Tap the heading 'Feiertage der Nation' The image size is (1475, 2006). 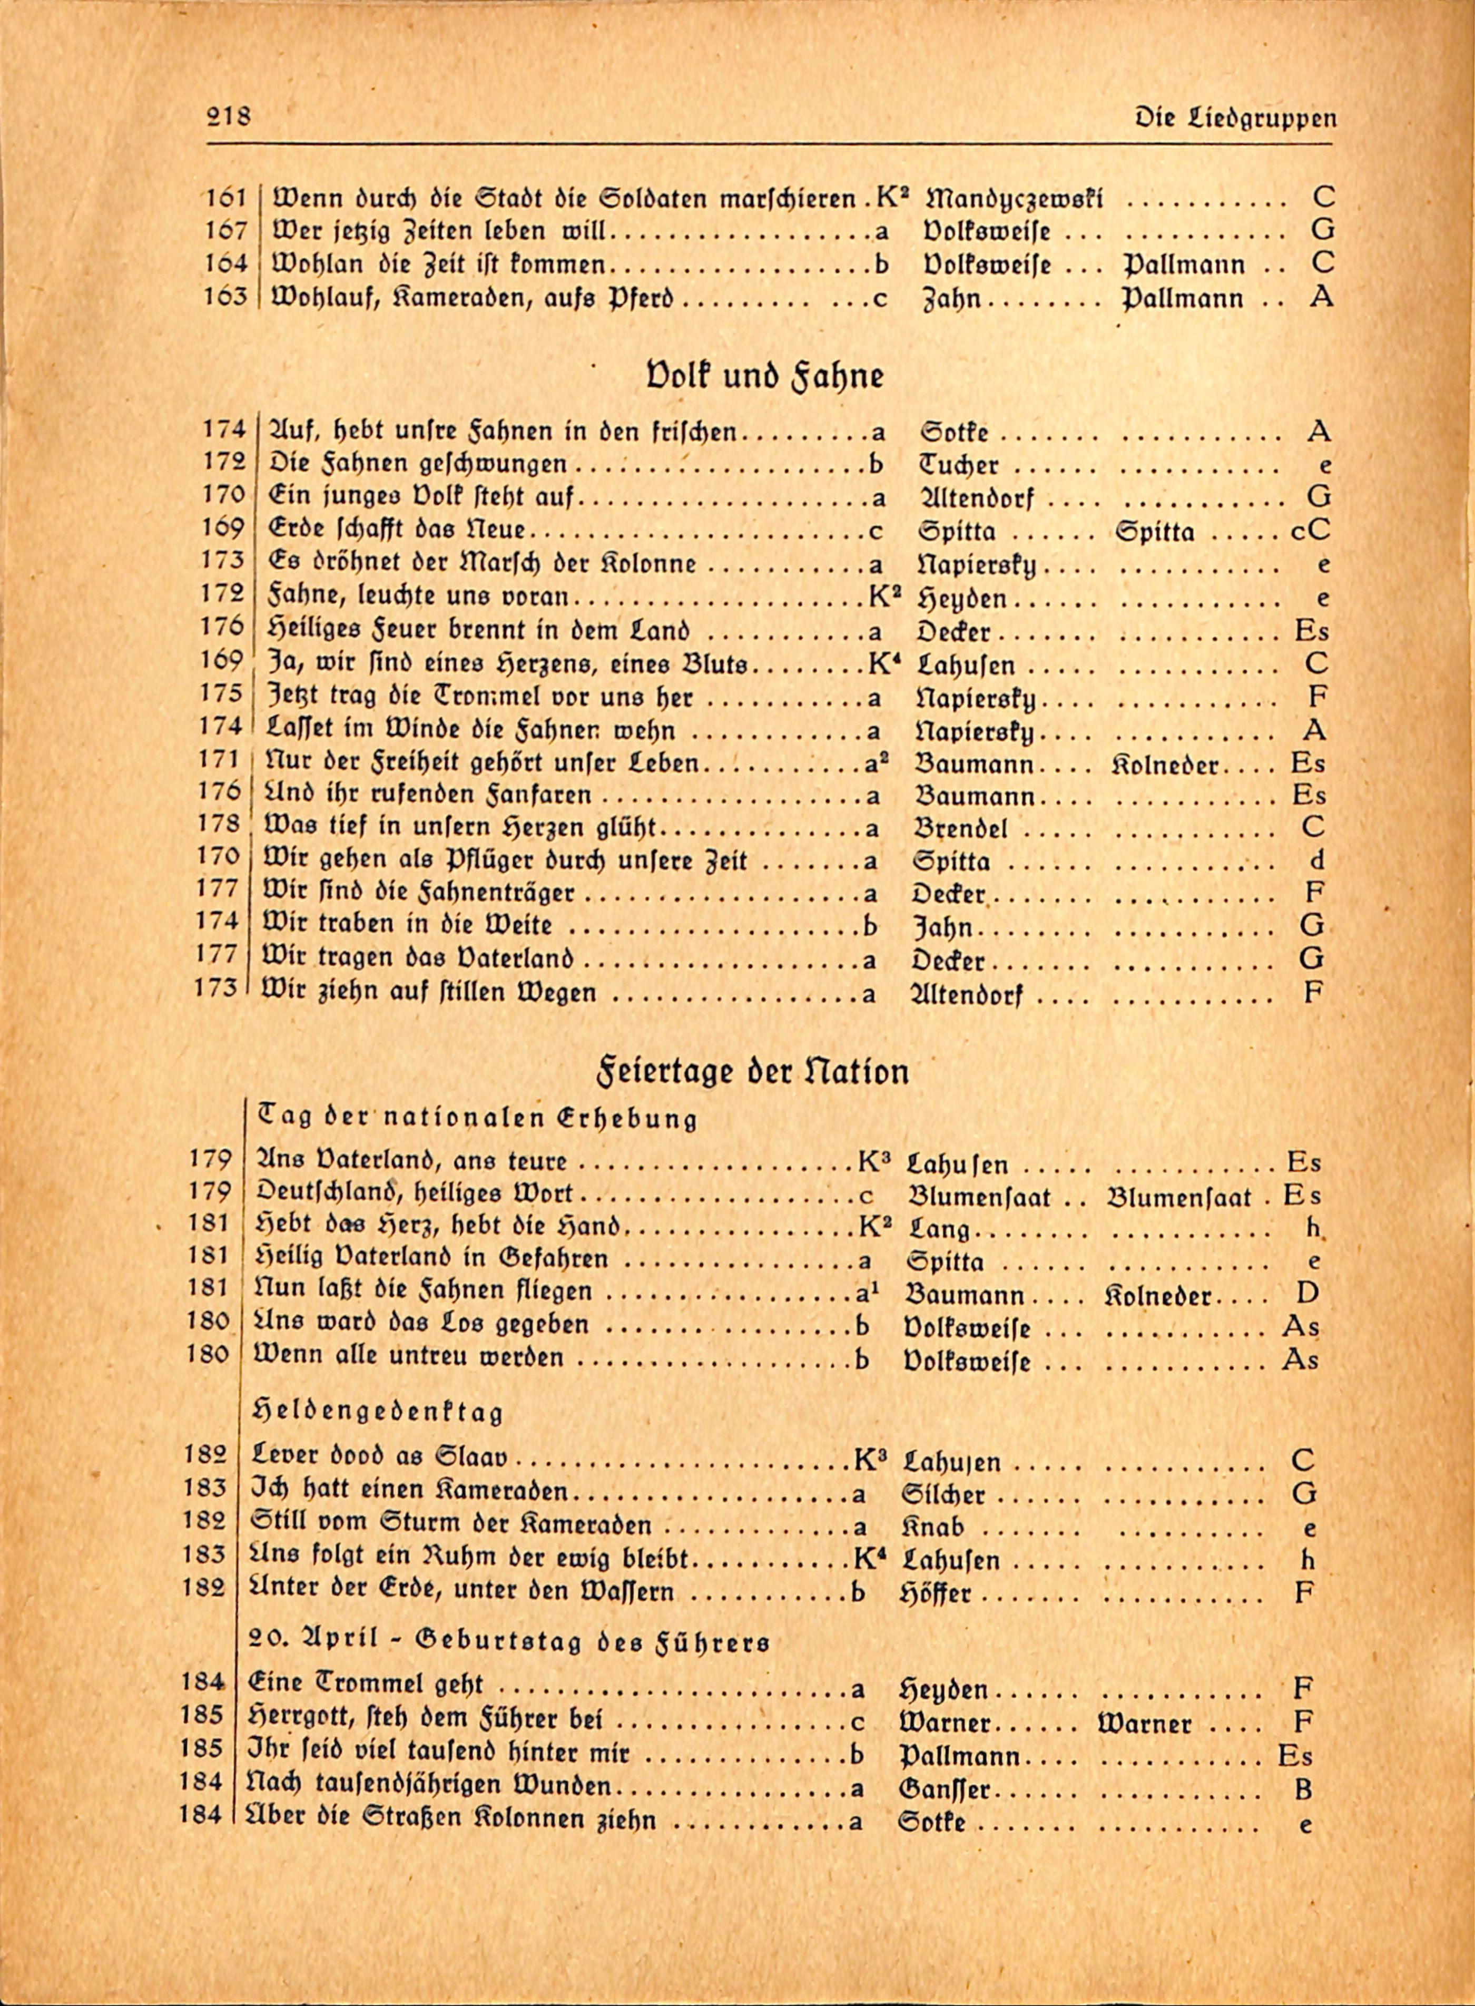click(752, 1071)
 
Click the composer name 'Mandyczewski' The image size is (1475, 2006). click(1015, 198)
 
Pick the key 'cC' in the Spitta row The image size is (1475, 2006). click(1310, 531)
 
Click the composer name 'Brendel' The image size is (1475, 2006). click(961, 828)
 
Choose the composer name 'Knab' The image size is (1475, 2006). click(934, 1527)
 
